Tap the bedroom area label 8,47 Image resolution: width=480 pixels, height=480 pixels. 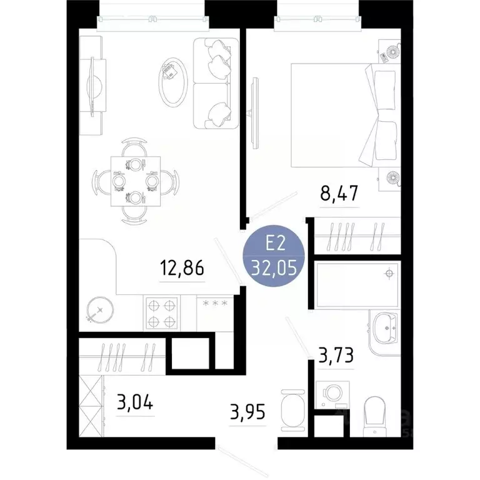point(339,193)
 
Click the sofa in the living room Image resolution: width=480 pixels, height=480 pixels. point(216,82)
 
